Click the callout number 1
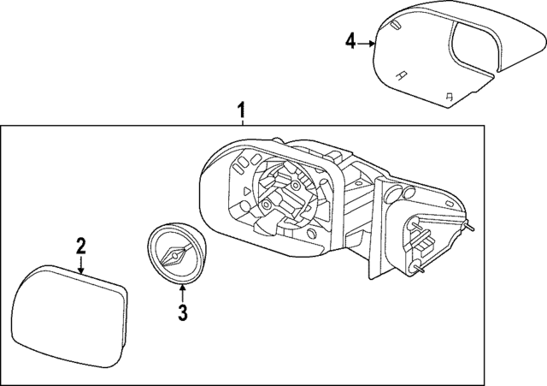pos(242,110)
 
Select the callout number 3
pos(182,313)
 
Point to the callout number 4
pos(350,41)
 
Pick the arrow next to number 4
pos(367,42)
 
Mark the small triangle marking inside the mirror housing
pos(244,193)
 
